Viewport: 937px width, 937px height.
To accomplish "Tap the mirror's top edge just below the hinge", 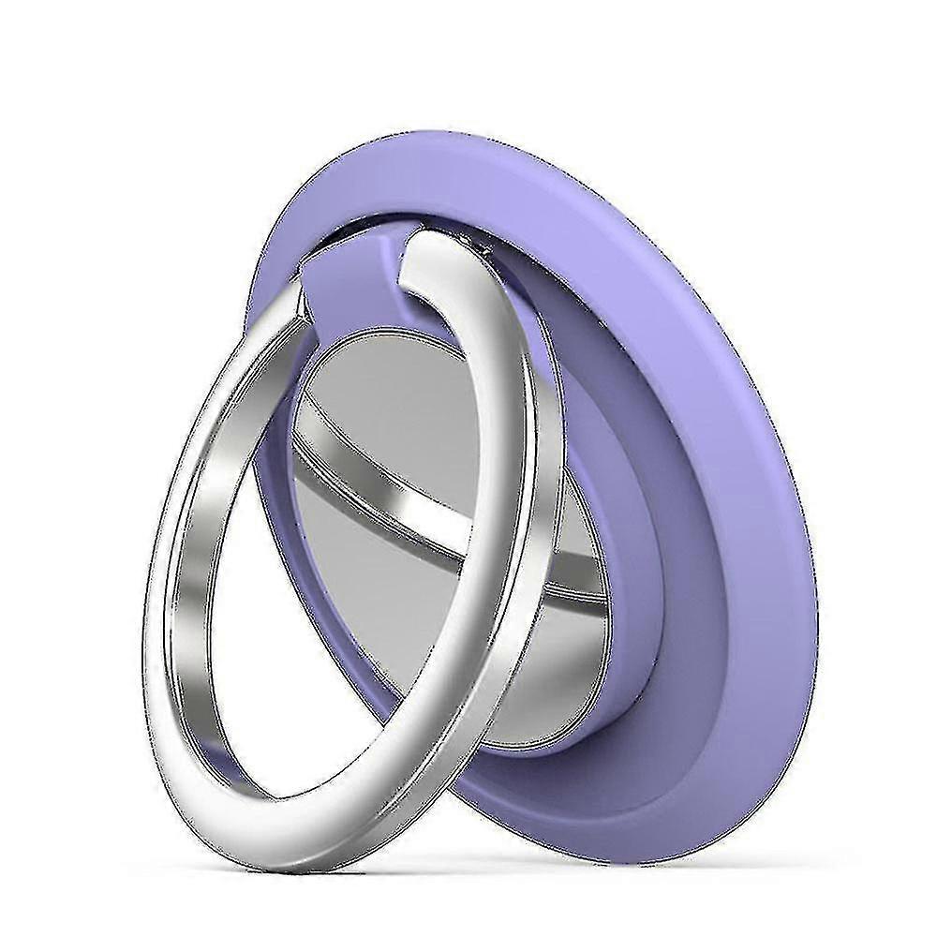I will coord(375,333).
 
